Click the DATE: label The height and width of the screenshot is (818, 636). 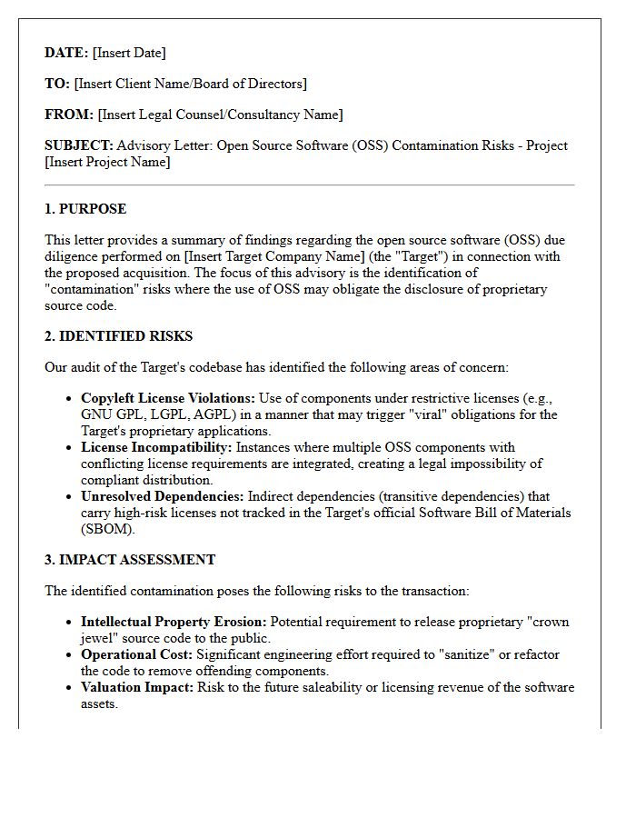pos(66,53)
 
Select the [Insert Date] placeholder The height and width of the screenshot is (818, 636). pos(129,53)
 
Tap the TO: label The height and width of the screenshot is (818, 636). pos(57,84)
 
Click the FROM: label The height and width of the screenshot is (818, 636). pos(69,115)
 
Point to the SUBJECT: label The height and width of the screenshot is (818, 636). pos(79,145)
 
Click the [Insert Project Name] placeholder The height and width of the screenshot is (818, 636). pos(107,162)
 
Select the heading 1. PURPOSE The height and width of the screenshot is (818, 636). pos(85,209)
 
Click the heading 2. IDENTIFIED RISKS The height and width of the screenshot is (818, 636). pos(118,336)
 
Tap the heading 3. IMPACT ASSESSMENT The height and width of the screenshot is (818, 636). pos(130,560)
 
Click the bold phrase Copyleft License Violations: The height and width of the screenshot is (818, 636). pos(168,398)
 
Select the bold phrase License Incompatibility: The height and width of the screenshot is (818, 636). pos(156,447)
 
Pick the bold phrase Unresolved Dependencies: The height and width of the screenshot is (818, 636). pos(162,496)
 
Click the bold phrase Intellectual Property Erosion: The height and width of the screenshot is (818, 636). pos(174,622)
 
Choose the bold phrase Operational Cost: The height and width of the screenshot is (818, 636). pos(136,654)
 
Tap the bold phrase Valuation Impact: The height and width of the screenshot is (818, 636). pos(137,687)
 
